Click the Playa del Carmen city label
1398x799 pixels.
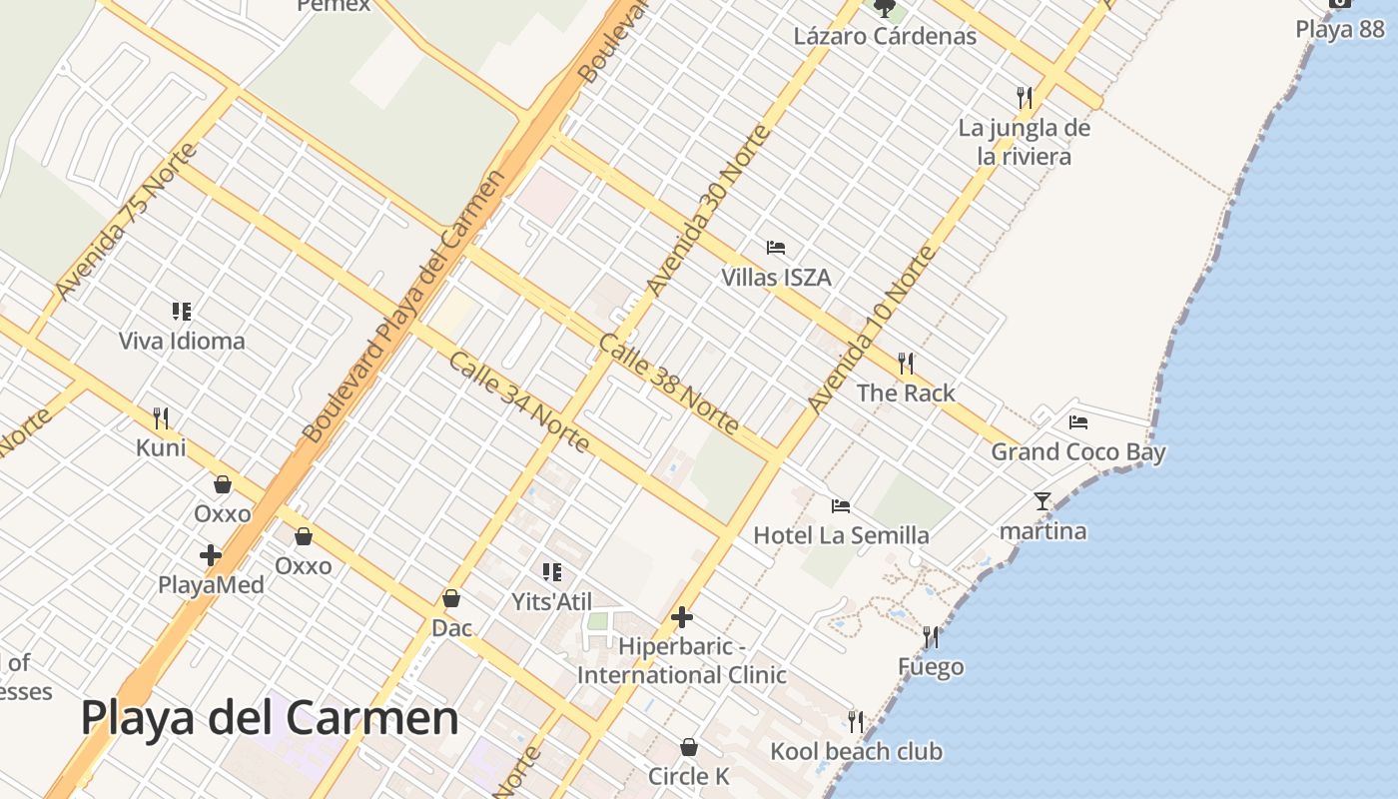pos(270,718)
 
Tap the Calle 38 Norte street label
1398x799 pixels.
pos(669,386)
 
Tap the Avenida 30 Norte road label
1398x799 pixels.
pos(709,211)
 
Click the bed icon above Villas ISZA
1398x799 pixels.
pos(776,247)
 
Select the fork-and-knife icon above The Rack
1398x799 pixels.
pos(906,363)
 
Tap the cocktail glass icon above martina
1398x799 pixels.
pos(1043,500)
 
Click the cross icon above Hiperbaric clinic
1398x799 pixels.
pos(682,617)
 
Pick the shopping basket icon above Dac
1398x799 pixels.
pos(451,598)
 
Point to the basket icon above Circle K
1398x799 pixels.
pos(688,746)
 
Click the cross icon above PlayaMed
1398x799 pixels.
pos(211,554)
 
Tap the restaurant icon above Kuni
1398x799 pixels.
pos(161,417)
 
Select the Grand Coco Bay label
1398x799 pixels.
pos(1077,452)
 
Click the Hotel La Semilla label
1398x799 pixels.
pos(841,535)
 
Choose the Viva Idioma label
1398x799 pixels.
pos(182,341)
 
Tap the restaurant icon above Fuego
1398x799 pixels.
pos(931,636)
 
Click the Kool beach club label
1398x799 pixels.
pos(856,751)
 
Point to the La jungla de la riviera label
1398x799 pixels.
pos(1025,142)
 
